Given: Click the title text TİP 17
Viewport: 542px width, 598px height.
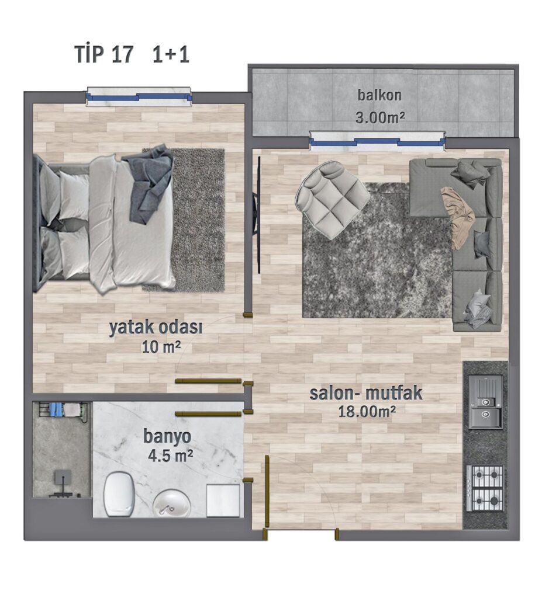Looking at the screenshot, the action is (104, 54).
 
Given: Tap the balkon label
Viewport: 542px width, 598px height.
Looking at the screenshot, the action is (379, 95).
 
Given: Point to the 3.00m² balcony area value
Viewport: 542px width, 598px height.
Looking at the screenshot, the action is (379, 117).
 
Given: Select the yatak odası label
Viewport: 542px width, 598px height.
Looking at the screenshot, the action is (156, 328).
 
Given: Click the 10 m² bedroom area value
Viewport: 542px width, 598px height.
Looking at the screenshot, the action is (161, 347).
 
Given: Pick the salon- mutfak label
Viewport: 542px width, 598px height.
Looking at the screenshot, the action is (366, 393).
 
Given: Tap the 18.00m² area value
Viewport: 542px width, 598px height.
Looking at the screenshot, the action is (367, 412).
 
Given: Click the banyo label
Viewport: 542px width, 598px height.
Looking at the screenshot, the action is (167, 437).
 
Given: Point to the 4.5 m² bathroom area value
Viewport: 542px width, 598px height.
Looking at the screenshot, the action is (170, 455).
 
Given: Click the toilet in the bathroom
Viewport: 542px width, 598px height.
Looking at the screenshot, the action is (119, 494).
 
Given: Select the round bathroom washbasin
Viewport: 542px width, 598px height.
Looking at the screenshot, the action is (172, 503).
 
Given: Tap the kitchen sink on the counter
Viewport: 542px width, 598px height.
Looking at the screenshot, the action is (485, 402).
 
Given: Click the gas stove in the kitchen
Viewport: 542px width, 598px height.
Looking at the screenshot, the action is (485, 488).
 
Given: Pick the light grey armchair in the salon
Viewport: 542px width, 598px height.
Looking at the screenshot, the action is (332, 200).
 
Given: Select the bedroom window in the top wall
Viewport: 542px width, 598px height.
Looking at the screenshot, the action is (139, 97).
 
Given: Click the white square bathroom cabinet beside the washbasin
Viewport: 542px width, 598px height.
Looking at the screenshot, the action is (223, 500).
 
